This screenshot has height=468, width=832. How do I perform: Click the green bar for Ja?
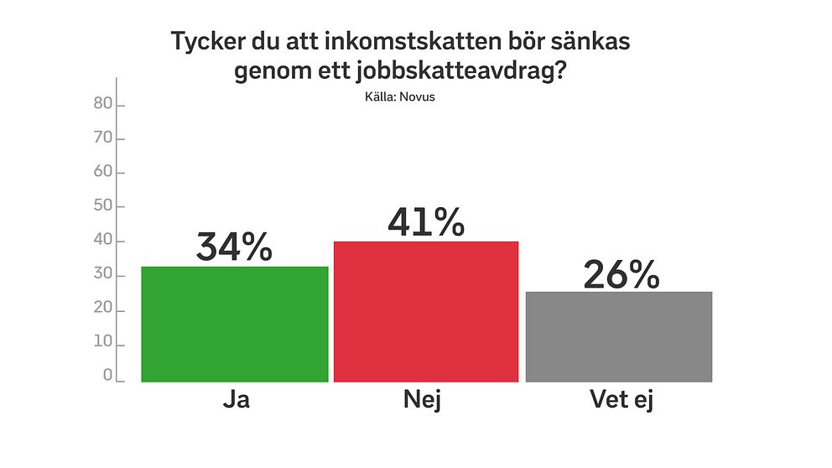click(x=234, y=325)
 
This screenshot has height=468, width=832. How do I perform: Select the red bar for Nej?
click(x=426, y=312)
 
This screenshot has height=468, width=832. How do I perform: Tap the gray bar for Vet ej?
click(x=619, y=337)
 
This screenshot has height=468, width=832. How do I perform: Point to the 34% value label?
click(x=234, y=248)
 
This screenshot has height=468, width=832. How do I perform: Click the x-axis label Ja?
click(x=236, y=401)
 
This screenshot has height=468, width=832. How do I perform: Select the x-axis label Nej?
click(x=423, y=401)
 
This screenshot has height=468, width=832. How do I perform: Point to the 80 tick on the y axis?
click(x=102, y=104)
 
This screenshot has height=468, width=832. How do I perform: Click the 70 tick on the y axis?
click(x=102, y=138)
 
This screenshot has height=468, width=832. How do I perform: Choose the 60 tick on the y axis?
click(x=102, y=173)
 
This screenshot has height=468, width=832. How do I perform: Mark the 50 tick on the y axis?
click(x=102, y=206)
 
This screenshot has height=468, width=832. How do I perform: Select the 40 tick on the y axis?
click(x=102, y=242)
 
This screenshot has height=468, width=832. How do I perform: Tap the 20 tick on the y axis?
click(x=102, y=310)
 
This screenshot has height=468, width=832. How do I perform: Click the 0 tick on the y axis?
click(x=107, y=377)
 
